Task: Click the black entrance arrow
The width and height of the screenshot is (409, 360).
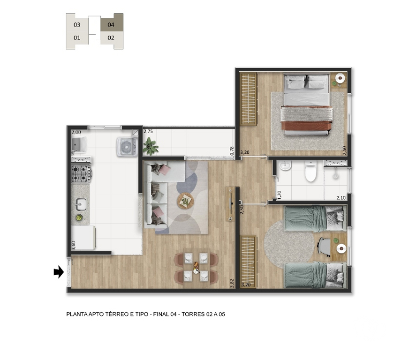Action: (x=59, y=272)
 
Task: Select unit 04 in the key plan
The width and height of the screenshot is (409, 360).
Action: (x=111, y=25)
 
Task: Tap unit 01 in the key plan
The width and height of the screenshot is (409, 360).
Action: (x=77, y=38)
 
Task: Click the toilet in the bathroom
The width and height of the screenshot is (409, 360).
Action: (x=311, y=171)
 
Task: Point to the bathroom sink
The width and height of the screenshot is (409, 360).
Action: (x=285, y=166)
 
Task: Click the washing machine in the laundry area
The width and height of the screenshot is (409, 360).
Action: (x=127, y=147)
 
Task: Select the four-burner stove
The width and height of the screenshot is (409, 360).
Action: (x=81, y=173)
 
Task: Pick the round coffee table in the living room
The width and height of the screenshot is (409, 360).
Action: (x=185, y=202)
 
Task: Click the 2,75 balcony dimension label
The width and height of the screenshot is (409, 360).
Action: (x=148, y=132)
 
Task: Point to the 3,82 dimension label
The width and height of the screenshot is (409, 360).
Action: (x=232, y=283)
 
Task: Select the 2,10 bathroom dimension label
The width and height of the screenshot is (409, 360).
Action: (x=341, y=198)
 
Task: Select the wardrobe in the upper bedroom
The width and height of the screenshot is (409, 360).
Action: (x=248, y=98)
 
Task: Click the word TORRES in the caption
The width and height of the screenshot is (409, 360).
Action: (x=193, y=314)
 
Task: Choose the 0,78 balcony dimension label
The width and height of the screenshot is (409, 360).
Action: (x=232, y=151)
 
